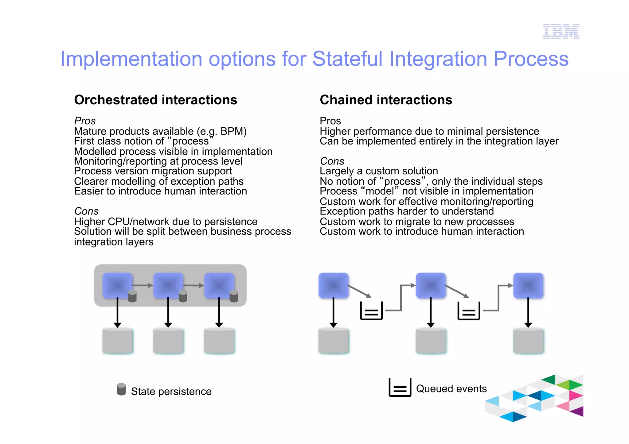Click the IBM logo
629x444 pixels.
(561, 31)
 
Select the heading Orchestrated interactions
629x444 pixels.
(155, 100)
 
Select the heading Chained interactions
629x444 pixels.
(386, 100)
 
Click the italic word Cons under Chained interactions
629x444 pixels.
(332, 161)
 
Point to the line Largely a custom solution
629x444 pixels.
(379, 171)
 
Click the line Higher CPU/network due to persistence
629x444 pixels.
(166, 222)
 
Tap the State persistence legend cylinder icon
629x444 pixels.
(121, 389)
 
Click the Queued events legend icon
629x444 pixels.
(400, 388)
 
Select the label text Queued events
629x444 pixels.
(451, 389)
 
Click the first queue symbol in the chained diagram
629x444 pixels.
(371, 311)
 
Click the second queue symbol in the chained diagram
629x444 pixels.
(469, 311)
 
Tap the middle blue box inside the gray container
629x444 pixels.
(168, 285)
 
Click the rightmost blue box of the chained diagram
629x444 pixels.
(528, 285)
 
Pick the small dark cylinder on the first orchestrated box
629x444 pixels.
(132, 296)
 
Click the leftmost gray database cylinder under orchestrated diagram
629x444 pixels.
(118, 341)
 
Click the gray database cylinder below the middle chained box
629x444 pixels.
(431, 341)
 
